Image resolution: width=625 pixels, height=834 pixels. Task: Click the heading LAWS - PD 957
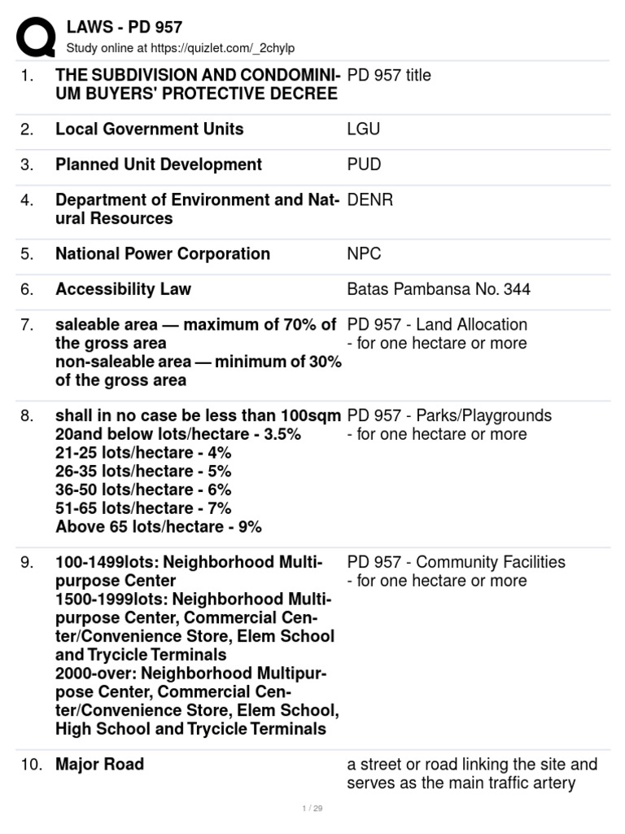pyautogui.click(x=125, y=27)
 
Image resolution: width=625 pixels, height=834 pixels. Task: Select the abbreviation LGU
pyautogui.click(x=363, y=129)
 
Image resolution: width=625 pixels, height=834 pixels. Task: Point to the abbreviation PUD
pyautogui.click(x=364, y=165)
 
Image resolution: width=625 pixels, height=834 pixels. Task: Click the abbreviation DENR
pyautogui.click(x=370, y=200)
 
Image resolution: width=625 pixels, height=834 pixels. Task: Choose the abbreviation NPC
pyautogui.click(x=364, y=253)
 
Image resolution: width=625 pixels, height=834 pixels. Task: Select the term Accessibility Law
pyautogui.click(x=123, y=289)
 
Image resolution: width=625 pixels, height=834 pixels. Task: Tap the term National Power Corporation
pyautogui.click(x=163, y=253)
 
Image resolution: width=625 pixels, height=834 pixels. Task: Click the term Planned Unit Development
pyautogui.click(x=159, y=165)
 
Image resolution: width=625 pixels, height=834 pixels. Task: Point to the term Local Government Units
pyautogui.click(x=150, y=129)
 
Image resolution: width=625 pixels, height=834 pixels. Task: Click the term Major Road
pyautogui.click(x=99, y=764)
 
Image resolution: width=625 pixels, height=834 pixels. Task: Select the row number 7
pyautogui.click(x=27, y=325)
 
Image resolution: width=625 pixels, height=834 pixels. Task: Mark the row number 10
pyautogui.click(x=30, y=764)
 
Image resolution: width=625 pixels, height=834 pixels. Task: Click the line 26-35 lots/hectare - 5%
pyautogui.click(x=143, y=471)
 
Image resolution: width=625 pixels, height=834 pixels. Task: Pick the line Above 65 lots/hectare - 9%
pyautogui.click(x=159, y=526)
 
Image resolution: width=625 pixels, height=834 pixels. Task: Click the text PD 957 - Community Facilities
pyautogui.click(x=456, y=562)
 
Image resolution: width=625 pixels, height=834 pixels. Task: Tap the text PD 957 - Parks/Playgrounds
pyautogui.click(x=449, y=415)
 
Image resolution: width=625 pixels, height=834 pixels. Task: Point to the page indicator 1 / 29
pyautogui.click(x=312, y=808)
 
